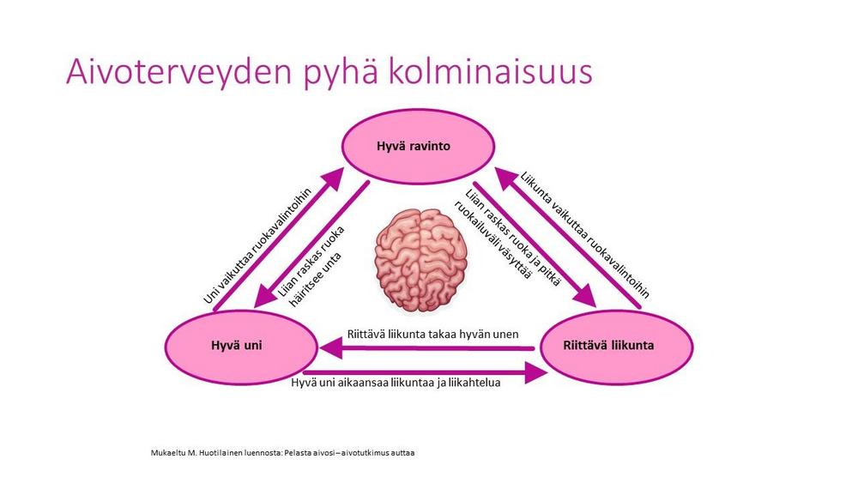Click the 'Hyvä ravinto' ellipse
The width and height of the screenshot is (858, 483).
coord(413,146)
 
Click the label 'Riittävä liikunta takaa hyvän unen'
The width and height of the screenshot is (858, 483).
coord(432,333)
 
